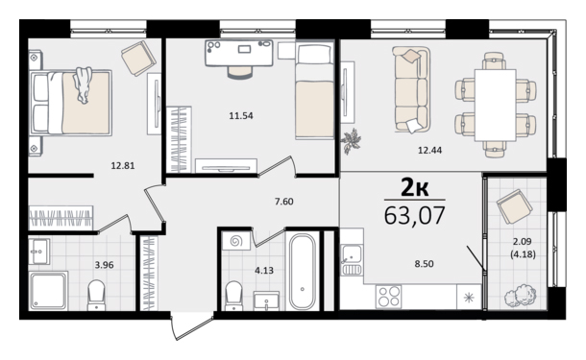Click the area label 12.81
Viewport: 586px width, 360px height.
123,165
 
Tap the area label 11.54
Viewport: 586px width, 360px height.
241,116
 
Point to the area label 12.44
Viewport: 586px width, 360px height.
429,150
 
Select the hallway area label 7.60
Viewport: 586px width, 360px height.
284,202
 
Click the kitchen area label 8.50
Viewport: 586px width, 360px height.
425,264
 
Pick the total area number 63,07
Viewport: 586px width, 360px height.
415,215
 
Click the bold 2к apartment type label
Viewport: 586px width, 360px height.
415,187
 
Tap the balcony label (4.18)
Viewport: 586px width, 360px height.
523,254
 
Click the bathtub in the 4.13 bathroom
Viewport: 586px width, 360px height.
303,272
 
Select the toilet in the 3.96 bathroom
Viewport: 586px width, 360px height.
96,295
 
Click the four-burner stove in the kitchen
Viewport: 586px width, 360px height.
389,297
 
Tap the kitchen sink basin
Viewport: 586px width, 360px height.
352,254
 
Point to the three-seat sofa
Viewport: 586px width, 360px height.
412,89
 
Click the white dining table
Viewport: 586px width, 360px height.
495,105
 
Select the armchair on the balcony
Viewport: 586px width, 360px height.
514,206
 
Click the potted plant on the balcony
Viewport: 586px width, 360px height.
521,296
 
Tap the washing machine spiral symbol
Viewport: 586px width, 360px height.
236,241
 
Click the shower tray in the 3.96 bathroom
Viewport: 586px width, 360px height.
48,291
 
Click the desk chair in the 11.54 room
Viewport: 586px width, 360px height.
240,72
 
